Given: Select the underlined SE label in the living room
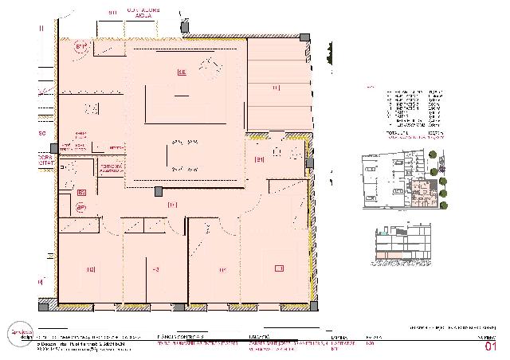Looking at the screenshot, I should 182,72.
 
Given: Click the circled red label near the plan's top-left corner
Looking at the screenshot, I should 80,47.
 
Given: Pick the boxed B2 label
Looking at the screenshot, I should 81,192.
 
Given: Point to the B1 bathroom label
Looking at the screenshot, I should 259,160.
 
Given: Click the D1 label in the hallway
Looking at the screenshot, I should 172,205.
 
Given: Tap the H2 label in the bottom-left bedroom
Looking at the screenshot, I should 91,270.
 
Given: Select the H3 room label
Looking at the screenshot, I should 155,271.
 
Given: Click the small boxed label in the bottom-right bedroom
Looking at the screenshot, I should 279,268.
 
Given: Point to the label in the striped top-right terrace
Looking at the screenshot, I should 276,87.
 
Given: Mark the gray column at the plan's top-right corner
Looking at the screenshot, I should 304,37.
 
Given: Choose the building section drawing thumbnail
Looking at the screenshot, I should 405,241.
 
